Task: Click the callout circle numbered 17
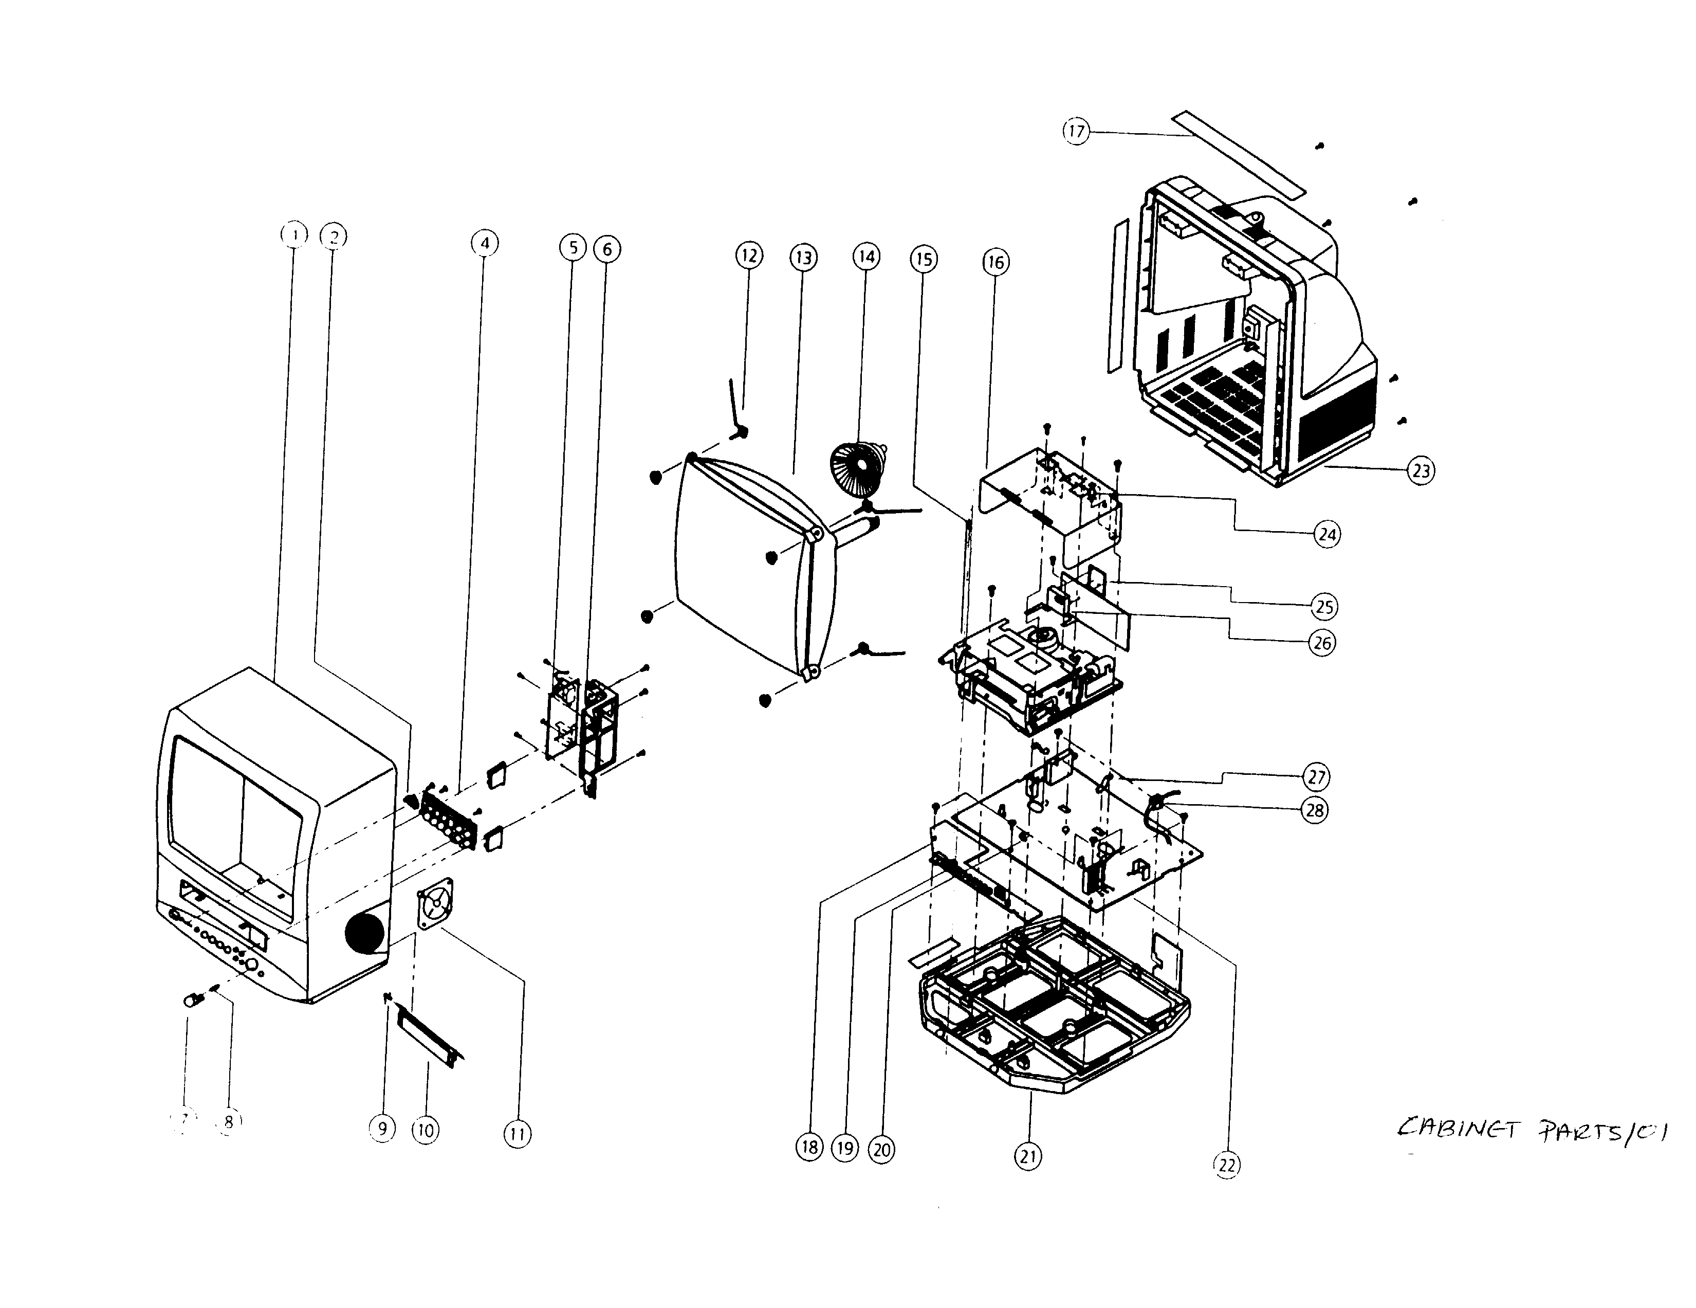click(x=1076, y=131)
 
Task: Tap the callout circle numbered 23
click(x=1421, y=470)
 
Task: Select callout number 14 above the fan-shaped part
click(x=867, y=257)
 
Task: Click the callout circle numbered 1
click(x=293, y=234)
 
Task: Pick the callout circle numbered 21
click(x=1028, y=1156)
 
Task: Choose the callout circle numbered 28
click(x=1315, y=810)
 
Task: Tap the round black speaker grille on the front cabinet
click(x=364, y=933)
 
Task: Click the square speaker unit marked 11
click(x=436, y=903)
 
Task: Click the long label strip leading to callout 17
click(x=1238, y=153)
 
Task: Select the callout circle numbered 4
click(x=485, y=243)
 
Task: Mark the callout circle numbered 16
click(x=996, y=263)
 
